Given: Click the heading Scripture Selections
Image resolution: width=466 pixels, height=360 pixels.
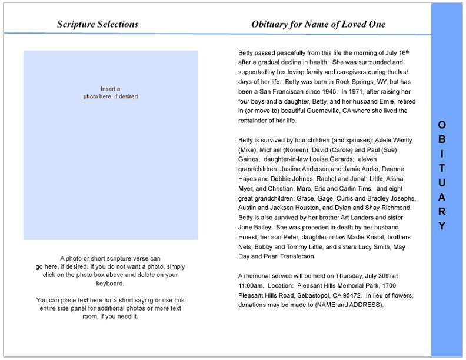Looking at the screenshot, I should (98, 24).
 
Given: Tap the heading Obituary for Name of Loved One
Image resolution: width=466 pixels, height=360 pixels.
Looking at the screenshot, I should (318, 24).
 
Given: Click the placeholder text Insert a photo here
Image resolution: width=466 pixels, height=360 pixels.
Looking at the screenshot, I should (111, 93).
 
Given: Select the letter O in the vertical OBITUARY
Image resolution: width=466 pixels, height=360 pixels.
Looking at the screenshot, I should (442, 125).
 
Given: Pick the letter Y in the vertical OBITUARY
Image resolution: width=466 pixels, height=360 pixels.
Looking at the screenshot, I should (442, 226).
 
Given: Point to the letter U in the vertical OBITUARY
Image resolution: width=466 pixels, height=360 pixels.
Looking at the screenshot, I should (442, 182).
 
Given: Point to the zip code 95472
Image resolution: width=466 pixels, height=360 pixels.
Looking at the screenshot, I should (349, 295).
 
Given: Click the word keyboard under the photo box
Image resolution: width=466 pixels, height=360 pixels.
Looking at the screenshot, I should (111, 283).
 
